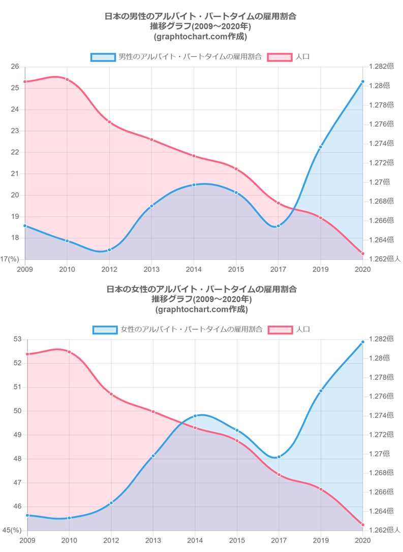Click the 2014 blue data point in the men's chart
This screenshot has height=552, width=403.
pos(194,185)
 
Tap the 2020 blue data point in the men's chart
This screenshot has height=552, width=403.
pos(362,82)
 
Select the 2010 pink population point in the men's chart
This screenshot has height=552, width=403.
pos(67,79)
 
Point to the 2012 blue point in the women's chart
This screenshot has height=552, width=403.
pos(111,503)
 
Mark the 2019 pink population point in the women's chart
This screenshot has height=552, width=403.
pos(321,489)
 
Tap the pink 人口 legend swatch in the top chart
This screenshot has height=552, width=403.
pos(279,57)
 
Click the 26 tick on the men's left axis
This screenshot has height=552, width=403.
pos(14,67)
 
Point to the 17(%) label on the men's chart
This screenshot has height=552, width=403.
pos(10,259)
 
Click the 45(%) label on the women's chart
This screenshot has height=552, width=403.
pos(12,530)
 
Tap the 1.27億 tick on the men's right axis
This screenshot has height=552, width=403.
pos(379,182)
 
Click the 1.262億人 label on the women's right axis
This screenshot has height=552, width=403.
pos(384,530)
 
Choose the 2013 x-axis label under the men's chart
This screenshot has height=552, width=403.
pos(151,269)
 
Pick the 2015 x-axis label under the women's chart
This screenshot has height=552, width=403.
pos(237,540)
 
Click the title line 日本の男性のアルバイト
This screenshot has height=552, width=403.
pos(201,16)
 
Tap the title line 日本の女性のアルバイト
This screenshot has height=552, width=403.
pos(202,289)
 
